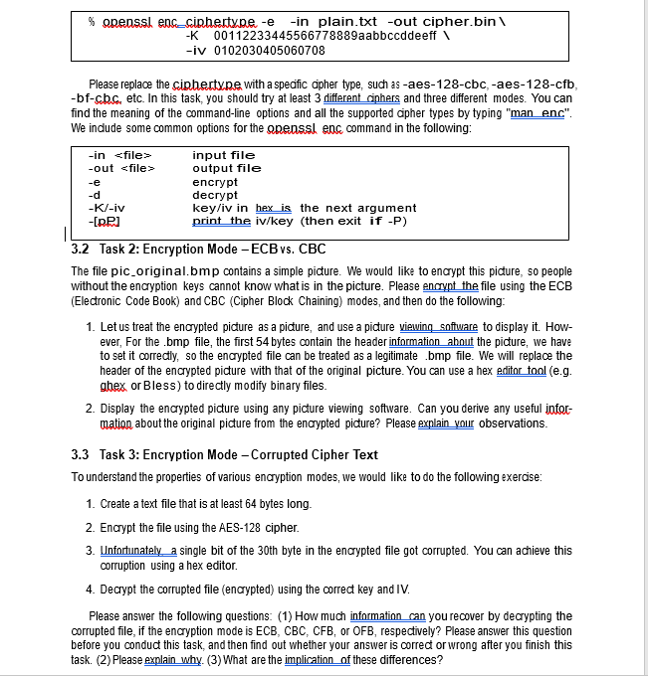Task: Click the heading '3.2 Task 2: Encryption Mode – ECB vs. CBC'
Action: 199,249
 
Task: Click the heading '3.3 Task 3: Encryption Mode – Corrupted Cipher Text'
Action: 225,454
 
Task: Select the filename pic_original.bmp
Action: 150,271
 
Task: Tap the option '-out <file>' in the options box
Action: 121,168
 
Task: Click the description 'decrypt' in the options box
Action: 215,195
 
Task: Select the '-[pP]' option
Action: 105,221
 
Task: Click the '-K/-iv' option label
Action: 107,208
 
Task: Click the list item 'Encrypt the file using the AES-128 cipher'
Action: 192,527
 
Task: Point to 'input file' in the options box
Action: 223,155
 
